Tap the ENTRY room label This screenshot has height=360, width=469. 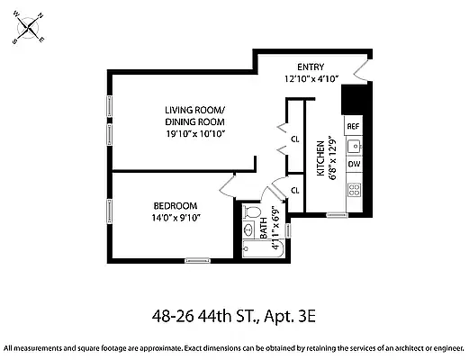311,67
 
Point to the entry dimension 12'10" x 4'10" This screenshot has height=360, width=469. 311,78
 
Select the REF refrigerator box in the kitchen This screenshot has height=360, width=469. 354,127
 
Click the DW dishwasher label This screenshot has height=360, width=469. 354,165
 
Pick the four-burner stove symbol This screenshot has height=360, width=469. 355,190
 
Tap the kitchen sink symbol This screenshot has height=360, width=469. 355,146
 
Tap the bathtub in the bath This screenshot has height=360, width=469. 263,251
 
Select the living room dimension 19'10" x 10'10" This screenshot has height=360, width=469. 194,133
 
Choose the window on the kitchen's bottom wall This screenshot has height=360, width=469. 337,215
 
